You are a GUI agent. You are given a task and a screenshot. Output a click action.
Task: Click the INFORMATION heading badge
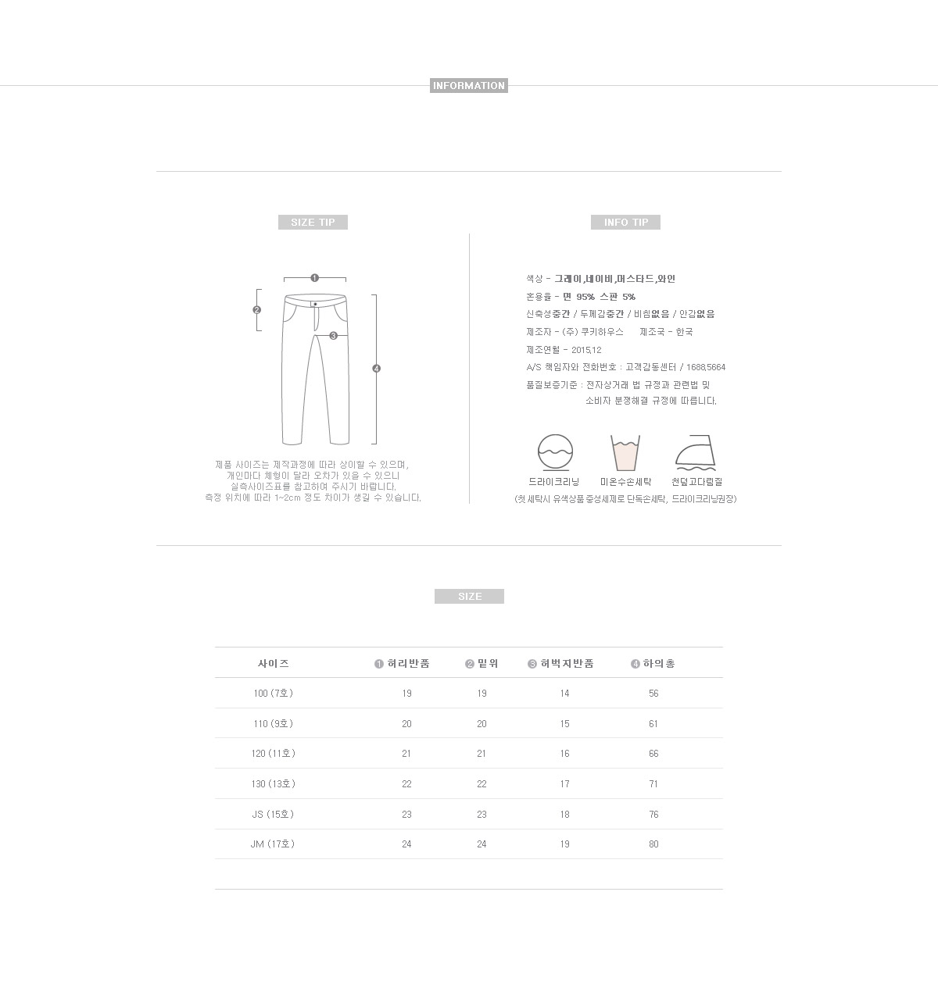pyautogui.click(x=469, y=86)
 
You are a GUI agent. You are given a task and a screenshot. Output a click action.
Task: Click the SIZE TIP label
pyautogui.click(x=313, y=223)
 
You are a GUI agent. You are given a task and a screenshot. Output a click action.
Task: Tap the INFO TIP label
pyautogui.click(x=625, y=223)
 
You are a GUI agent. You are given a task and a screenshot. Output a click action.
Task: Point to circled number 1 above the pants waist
pyautogui.click(x=314, y=277)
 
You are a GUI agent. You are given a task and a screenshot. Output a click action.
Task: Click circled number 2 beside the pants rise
pyautogui.click(x=256, y=310)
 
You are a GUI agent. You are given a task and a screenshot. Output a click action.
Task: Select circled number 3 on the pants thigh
pyautogui.click(x=333, y=336)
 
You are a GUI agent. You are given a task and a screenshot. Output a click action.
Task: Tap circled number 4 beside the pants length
pyautogui.click(x=377, y=369)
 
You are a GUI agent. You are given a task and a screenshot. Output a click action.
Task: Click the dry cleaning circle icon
pyautogui.click(x=555, y=452)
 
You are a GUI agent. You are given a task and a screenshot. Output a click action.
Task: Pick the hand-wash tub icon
pyautogui.click(x=625, y=453)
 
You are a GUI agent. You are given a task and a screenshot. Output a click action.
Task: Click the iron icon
pyautogui.click(x=696, y=453)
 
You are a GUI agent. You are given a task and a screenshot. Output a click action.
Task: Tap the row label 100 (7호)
pyautogui.click(x=273, y=694)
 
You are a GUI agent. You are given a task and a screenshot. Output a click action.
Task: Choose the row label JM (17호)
pyautogui.click(x=273, y=844)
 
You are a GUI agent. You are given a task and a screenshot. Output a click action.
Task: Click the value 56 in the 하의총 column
pyautogui.click(x=653, y=694)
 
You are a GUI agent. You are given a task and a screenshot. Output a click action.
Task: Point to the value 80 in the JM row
pyautogui.click(x=653, y=844)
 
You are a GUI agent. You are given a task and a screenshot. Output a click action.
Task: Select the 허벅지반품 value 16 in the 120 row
pyautogui.click(x=564, y=754)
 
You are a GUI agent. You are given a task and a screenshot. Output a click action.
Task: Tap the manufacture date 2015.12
pyautogui.click(x=586, y=350)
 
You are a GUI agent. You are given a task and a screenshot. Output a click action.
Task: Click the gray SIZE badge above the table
pyautogui.click(x=469, y=597)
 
